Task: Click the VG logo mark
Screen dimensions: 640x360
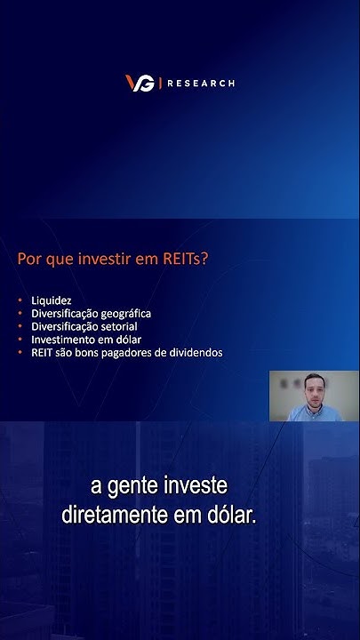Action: [140, 83]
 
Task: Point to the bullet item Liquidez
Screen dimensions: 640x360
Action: [52, 300]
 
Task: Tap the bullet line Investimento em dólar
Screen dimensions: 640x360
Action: [86, 340]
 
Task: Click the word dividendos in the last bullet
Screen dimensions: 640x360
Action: [195, 352]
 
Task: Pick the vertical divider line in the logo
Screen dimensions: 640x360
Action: [160, 83]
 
